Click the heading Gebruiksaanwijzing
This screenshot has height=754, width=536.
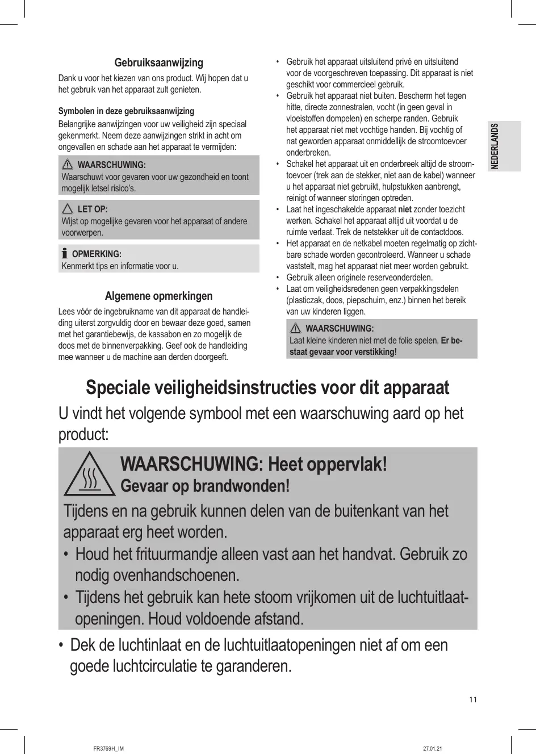(158, 62)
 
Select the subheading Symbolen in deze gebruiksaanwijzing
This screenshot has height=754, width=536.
(126, 111)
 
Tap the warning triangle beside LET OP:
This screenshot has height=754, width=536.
(68, 209)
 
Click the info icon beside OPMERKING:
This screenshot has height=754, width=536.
(65, 253)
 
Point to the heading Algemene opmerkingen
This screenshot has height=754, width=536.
(158, 296)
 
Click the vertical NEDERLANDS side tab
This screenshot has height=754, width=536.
(495, 146)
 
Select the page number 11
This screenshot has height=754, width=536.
(473, 699)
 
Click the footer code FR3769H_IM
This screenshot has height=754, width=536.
(108, 748)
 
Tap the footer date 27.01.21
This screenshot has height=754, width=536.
(433, 748)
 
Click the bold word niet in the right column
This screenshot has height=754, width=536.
(405, 210)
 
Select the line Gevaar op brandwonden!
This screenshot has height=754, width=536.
(205, 486)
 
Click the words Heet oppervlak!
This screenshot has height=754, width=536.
(328, 464)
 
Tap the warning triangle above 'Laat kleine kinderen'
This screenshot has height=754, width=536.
(295, 328)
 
